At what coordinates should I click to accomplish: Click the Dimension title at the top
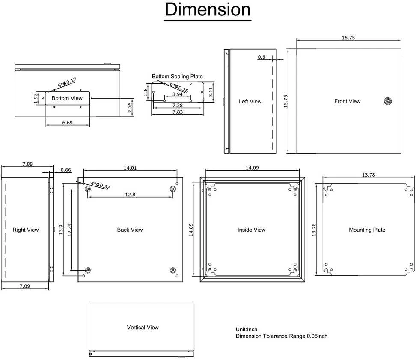(208, 9)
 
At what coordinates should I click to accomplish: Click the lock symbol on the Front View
(388, 101)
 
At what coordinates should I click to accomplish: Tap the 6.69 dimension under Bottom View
(67, 123)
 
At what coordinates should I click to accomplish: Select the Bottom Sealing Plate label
(177, 77)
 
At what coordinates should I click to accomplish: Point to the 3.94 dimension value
(178, 94)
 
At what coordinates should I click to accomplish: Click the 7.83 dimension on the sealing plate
(178, 112)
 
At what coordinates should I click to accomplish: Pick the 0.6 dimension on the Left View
(261, 57)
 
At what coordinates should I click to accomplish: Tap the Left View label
(250, 101)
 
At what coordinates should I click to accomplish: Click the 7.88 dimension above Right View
(27, 164)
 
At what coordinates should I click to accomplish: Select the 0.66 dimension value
(66, 170)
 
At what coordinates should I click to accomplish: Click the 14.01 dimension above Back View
(130, 168)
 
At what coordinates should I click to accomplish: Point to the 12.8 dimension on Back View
(130, 195)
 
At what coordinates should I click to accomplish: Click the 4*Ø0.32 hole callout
(100, 185)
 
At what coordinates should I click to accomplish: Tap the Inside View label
(252, 230)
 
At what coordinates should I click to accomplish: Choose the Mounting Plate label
(367, 230)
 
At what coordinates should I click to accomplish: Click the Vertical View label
(143, 328)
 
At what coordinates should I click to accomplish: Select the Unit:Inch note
(247, 330)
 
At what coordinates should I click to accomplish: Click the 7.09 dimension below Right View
(25, 286)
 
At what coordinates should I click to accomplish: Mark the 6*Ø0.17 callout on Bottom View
(67, 83)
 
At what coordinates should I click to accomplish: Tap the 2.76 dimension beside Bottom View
(130, 108)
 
